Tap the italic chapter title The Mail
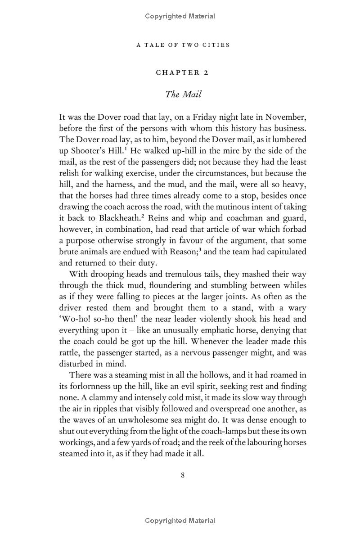tap(183, 94)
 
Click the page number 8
tap(183, 475)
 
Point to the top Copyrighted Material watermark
tap(180, 16)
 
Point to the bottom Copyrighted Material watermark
tap(180, 521)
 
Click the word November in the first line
tap(285, 117)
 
